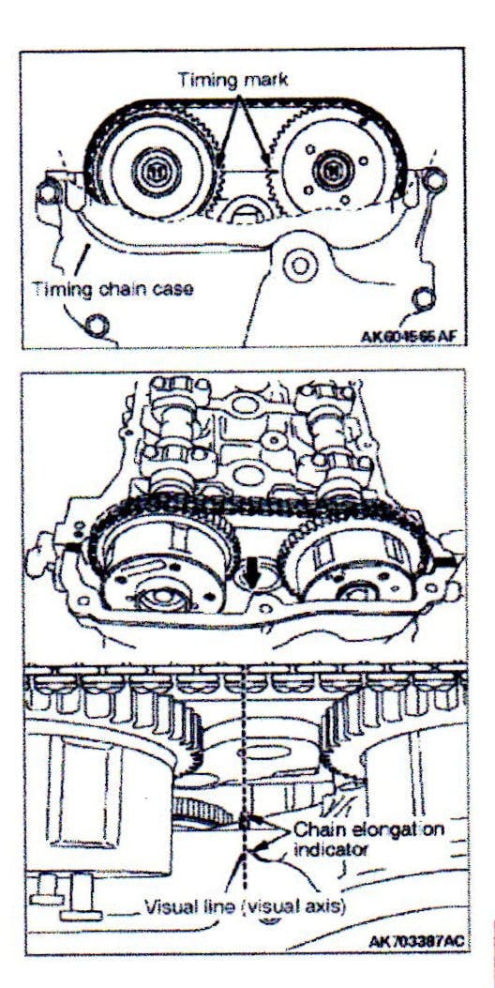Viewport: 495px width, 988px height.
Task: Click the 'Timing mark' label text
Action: pos(232,80)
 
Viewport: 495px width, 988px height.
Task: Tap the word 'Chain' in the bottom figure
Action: pos(314,828)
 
